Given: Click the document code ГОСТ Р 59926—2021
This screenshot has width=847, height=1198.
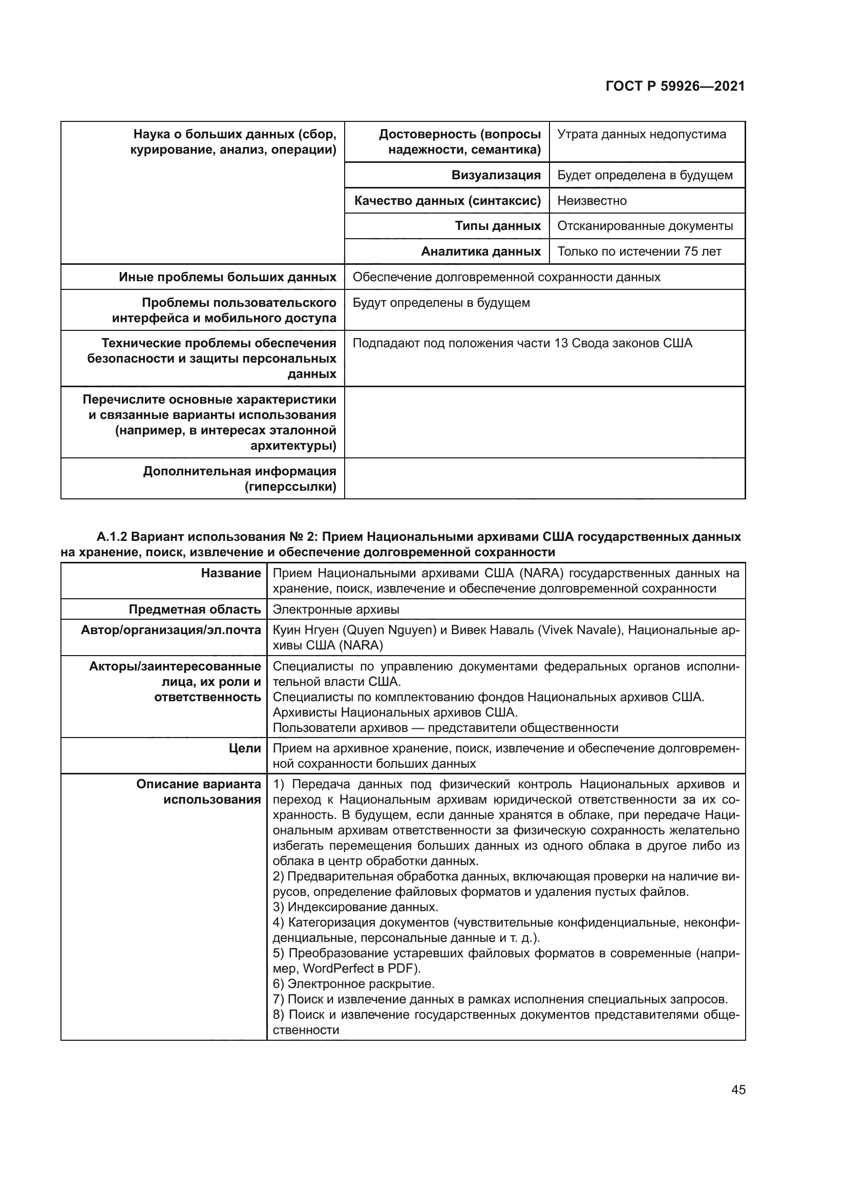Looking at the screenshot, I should click(675, 86).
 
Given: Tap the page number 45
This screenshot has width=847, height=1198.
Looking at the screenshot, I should click(738, 1089).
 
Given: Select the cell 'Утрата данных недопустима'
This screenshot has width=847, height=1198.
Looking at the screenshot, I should click(641, 135).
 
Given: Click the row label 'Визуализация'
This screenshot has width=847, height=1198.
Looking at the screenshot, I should click(496, 175).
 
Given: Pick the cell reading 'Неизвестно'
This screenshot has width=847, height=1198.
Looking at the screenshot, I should click(591, 201).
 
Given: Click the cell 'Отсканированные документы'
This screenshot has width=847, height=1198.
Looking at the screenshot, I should click(645, 226).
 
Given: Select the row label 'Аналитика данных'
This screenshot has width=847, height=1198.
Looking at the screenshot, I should click(480, 251).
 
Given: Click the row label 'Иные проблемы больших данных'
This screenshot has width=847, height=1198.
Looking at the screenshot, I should click(227, 277).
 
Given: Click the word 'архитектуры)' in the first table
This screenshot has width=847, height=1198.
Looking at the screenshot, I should click(293, 446).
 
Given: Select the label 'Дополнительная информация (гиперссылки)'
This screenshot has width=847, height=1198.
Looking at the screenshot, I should click(239, 479).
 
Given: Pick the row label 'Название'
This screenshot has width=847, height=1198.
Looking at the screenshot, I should click(230, 574).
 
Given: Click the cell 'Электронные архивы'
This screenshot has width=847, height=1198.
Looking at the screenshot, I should click(336, 609).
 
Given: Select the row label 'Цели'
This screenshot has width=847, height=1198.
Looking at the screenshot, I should click(244, 748).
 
